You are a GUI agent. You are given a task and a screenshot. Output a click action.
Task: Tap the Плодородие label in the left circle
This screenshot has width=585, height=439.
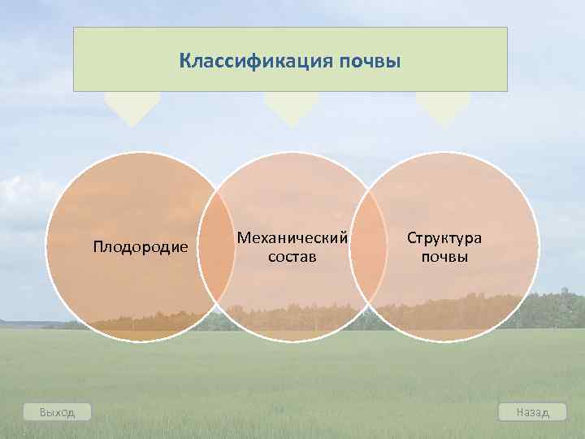(x=141, y=246)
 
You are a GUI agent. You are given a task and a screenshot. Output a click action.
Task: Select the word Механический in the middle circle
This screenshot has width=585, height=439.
(x=292, y=237)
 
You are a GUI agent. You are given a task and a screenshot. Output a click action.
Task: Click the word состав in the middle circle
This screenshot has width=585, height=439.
(x=292, y=257)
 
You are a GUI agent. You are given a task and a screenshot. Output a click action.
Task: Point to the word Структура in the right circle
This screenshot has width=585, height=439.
(x=444, y=237)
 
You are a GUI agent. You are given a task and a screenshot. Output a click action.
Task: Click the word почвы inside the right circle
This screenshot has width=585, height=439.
(x=444, y=257)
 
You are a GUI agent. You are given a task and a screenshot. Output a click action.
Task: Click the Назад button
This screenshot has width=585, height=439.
(x=533, y=412)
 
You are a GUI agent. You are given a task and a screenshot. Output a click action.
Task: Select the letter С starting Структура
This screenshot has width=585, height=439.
(x=412, y=237)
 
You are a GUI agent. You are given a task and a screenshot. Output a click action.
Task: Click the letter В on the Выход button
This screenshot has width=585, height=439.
(x=43, y=412)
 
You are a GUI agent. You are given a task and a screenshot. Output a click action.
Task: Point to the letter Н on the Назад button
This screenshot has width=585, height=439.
(x=520, y=412)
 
